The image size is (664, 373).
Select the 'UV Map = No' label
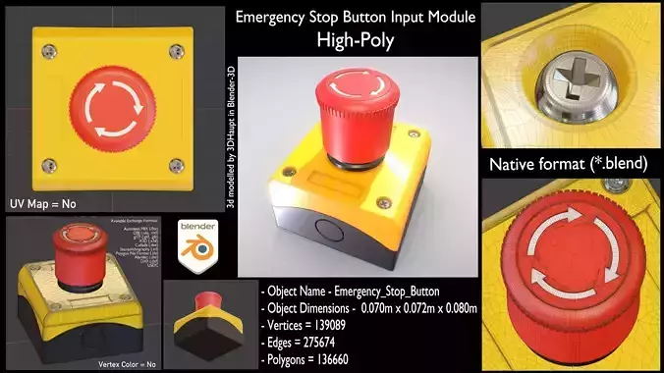pos(43,203)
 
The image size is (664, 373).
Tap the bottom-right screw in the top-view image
pos(176,163)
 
